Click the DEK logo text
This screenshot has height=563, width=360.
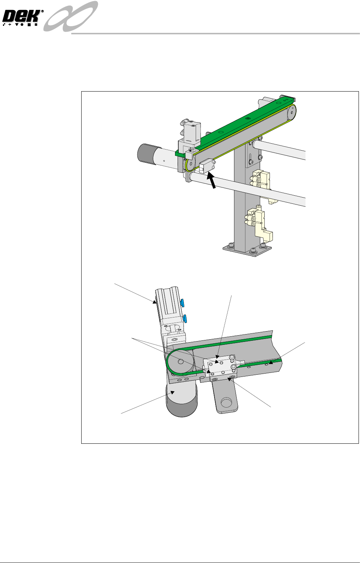pyautogui.click(x=22, y=17)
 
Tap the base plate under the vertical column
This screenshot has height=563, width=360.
pyautogui.click(x=247, y=249)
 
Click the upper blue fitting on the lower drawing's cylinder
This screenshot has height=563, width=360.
pyautogui.click(x=182, y=302)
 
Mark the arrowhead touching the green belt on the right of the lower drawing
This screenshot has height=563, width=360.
pyautogui.click(x=271, y=363)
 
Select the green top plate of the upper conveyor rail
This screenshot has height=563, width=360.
pyautogui.click(x=235, y=125)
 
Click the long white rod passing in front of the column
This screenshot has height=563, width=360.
pyautogui.click(x=248, y=188)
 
